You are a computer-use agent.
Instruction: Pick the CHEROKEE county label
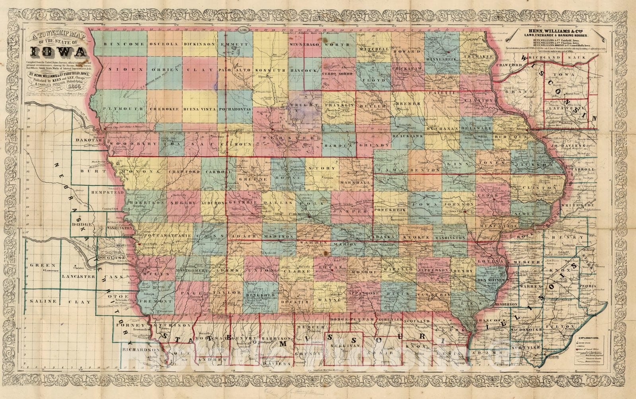(x=164, y=108)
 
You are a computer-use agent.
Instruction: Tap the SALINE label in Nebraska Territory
(x=43, y=301)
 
